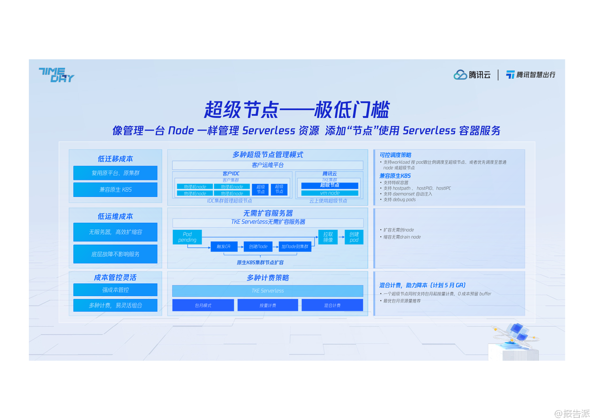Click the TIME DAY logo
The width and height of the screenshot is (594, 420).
click(56, 74)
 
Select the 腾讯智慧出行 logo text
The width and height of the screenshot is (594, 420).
click(531, 75)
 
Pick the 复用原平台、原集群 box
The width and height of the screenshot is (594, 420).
click(115, 173)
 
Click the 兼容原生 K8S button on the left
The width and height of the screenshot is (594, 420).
click(115, 190)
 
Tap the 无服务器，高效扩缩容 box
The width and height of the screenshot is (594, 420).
click(115, 232)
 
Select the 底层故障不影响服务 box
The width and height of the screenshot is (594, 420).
click(115, 254)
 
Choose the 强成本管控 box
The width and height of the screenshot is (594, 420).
click(115, 290)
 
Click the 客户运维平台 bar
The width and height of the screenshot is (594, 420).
click(267, 165)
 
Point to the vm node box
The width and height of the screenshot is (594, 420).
click(330, 193)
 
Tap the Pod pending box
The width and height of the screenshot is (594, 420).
click(187, 237)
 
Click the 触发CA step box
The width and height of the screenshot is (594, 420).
click(224, 246)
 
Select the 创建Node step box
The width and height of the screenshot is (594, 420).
click(258, 246)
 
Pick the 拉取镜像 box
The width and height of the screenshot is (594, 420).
click(328, 237)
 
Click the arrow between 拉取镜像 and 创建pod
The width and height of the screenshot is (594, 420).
click(341, 237)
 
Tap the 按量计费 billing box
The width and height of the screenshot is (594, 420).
click(267, 305)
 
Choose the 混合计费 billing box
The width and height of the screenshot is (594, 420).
click(332, 305)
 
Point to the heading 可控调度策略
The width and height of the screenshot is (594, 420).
click(396, 155)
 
